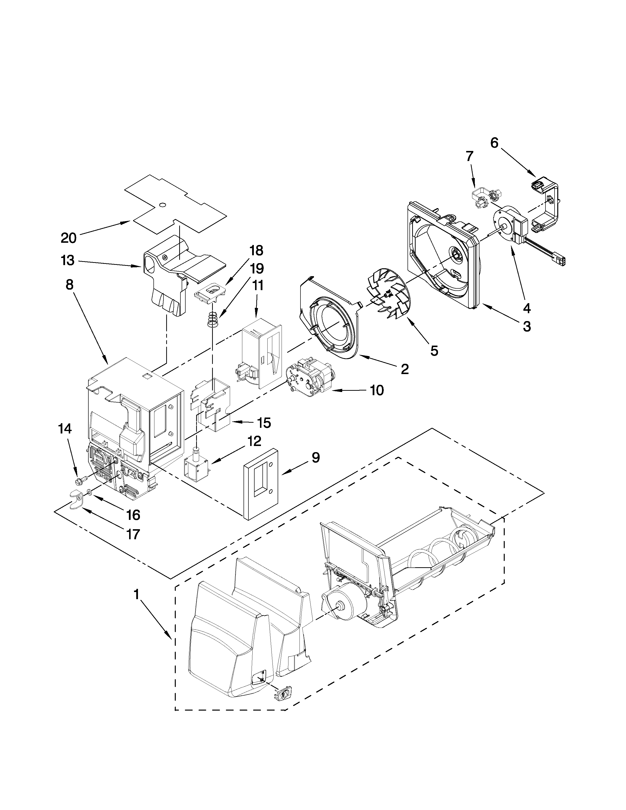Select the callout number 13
[x=68, y=261]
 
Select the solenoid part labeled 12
[x=196, y=468]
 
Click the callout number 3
[x=527, y=326]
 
